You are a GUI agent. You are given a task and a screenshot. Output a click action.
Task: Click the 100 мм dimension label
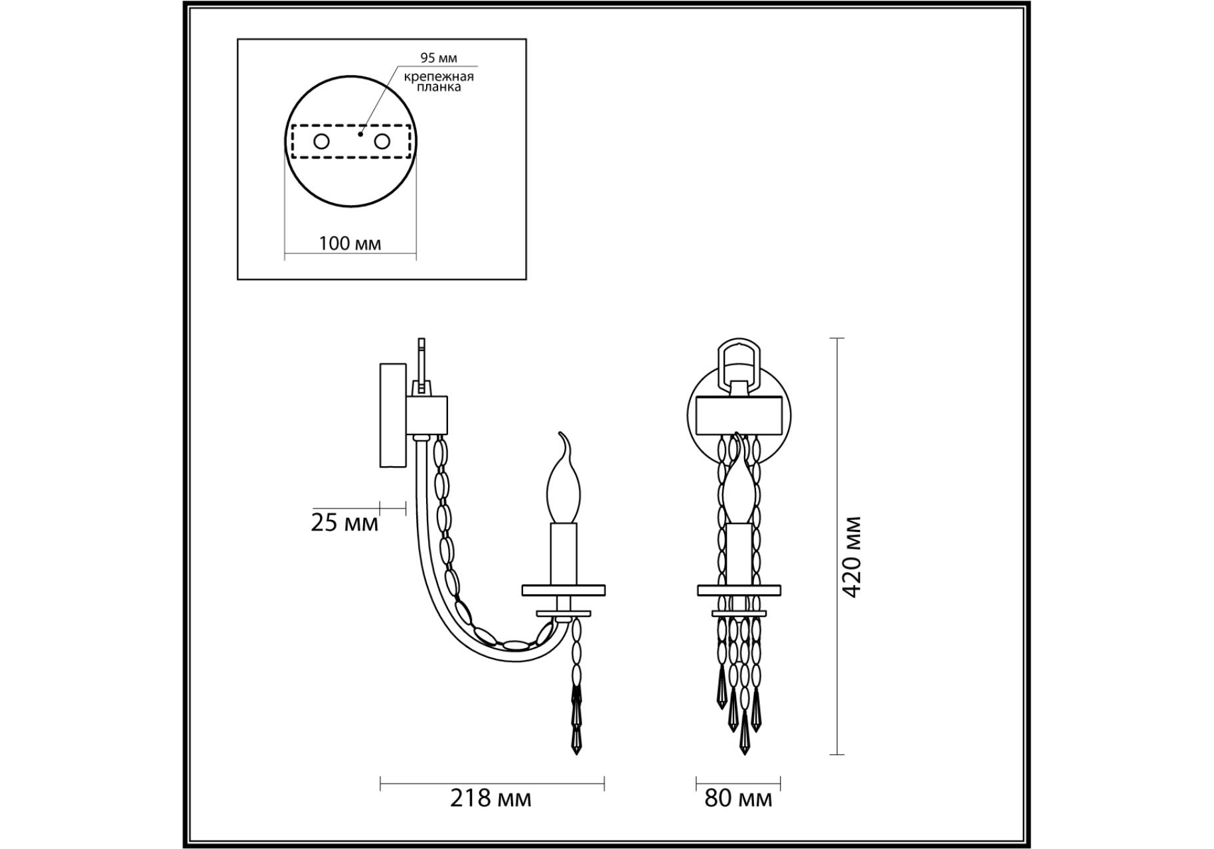point(350,243)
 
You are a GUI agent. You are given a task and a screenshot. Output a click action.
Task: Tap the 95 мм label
point(439,58)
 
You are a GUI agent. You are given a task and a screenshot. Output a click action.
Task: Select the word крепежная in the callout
point(439,76)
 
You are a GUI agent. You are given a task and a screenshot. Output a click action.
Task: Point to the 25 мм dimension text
point(344,523)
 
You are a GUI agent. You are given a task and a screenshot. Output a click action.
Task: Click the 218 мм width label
point(491,798)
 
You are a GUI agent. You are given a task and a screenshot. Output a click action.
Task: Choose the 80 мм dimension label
point(738,798)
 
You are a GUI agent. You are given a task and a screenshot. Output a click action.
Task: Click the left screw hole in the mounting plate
point(321,141)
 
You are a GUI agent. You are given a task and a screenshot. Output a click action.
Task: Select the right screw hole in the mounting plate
point(382,141)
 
